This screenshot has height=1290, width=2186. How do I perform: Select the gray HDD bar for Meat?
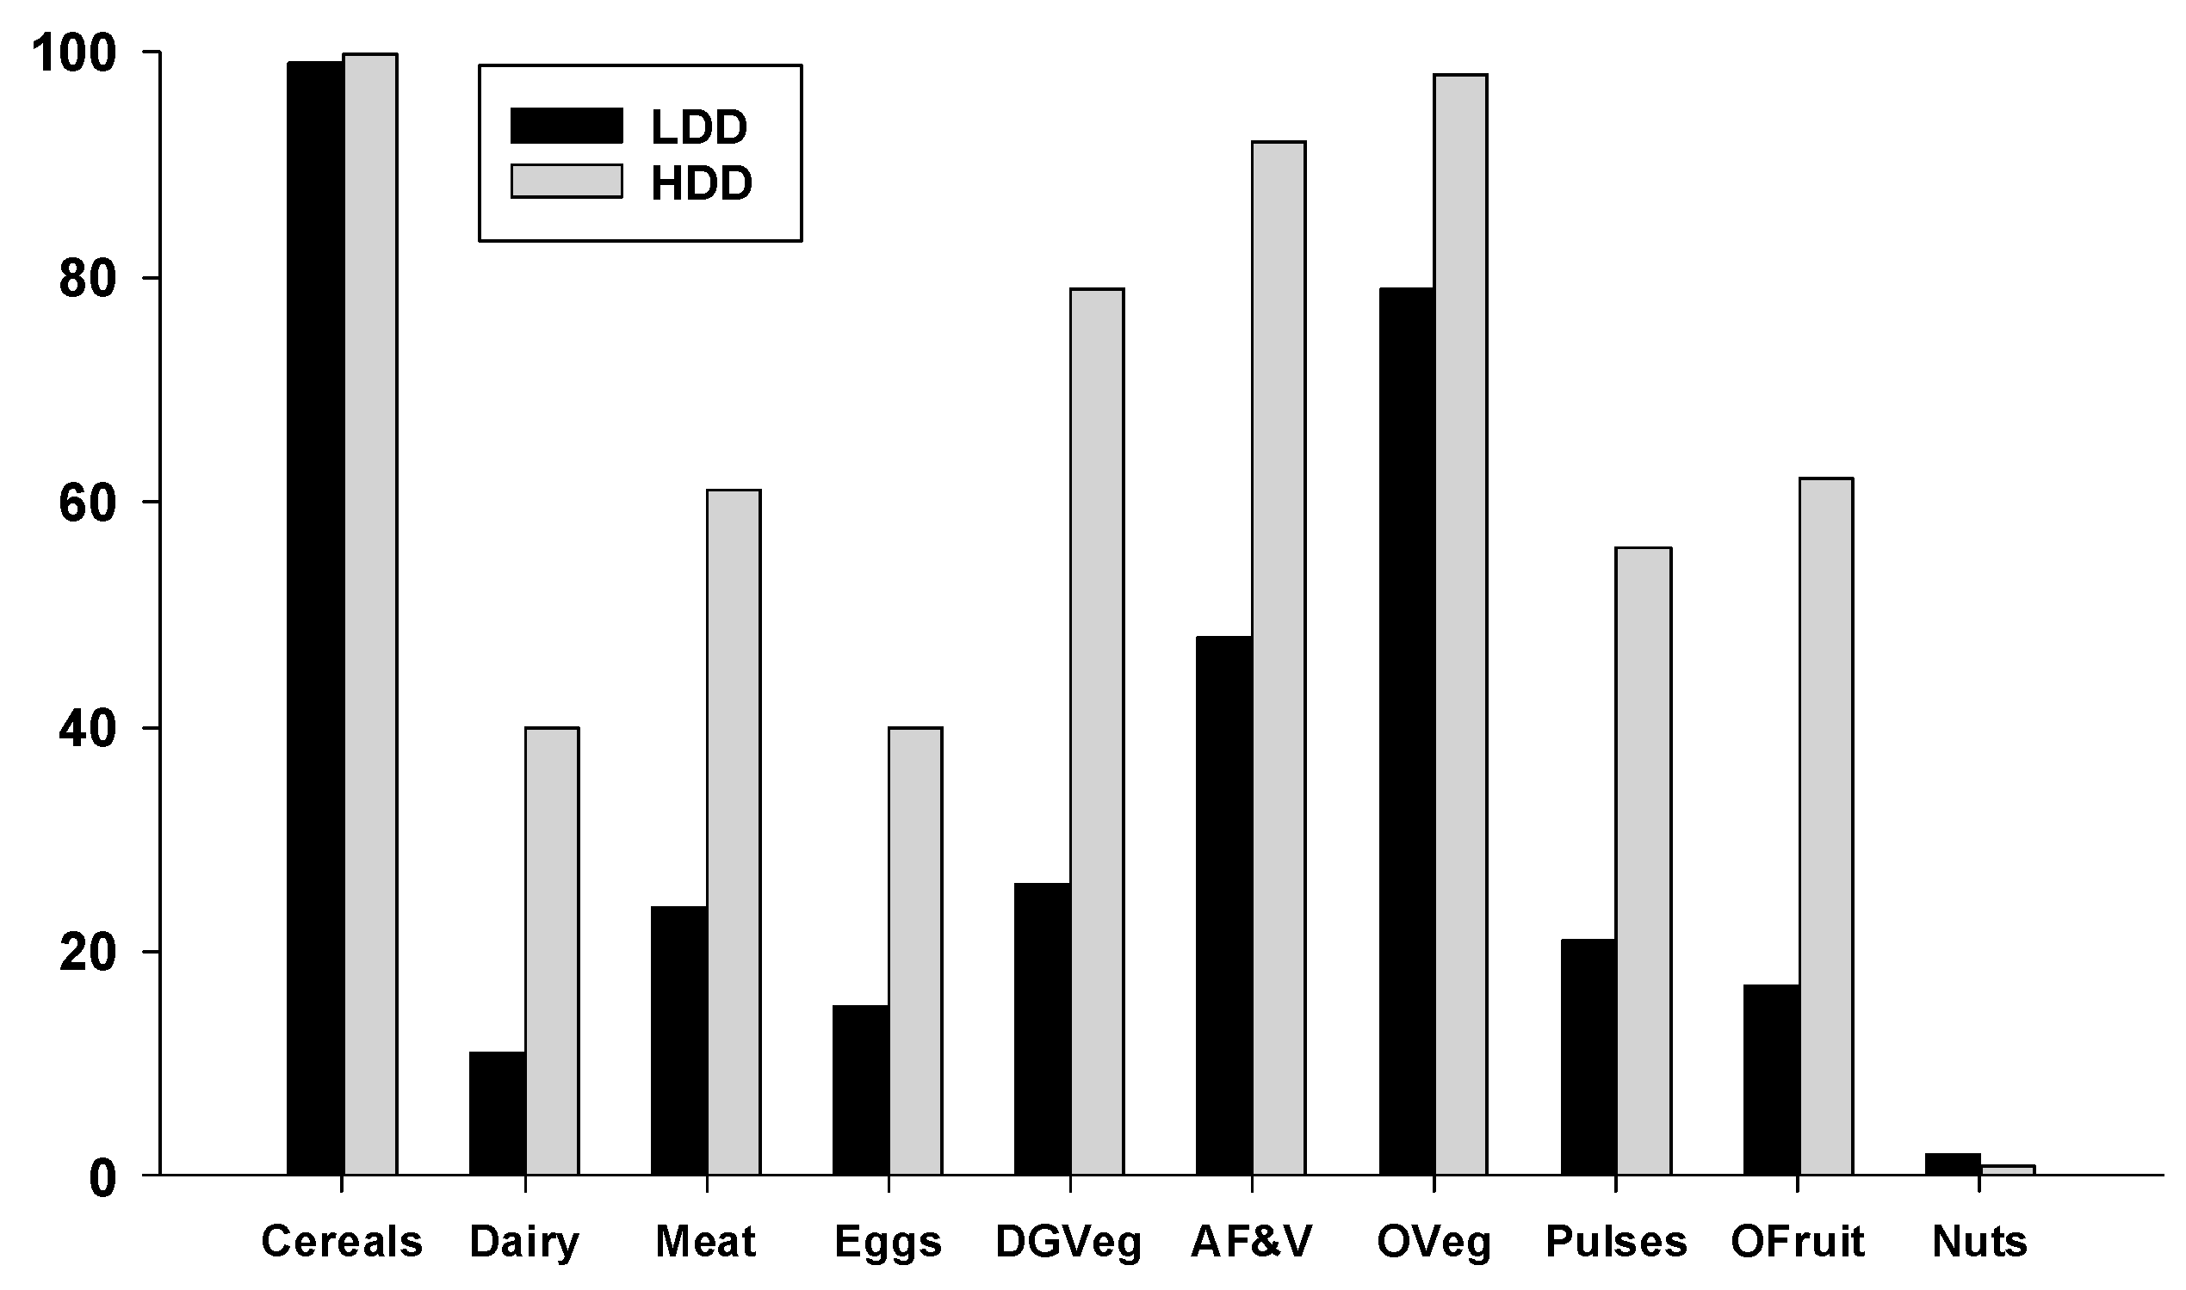(x=734, y=832)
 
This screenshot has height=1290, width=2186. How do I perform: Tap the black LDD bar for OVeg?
(x=1407, y=731)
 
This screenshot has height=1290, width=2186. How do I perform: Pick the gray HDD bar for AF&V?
(x=1279, y=658)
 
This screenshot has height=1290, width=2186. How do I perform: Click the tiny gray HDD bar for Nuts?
(x=2008, y=1170)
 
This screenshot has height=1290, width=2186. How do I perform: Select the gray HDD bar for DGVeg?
(x=1097, y=731)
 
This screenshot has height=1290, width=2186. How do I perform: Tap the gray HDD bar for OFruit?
(x=1826, y=826)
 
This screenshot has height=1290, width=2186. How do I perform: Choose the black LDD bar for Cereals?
(x=316, y=618)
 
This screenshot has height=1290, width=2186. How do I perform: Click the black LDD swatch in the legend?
(x=566, y=125)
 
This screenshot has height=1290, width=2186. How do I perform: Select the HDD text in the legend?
(x=701, y=183)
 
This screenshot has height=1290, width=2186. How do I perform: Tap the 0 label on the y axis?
(x=102, y=1179)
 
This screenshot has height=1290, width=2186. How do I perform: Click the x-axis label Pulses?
(x=1615, y=1242)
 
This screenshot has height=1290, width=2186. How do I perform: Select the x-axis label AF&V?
(x=1251, y=1242)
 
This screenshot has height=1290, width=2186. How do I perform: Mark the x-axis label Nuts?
(x=1980, y=1242)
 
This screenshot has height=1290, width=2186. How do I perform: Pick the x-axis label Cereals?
(x=342, y=1242)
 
